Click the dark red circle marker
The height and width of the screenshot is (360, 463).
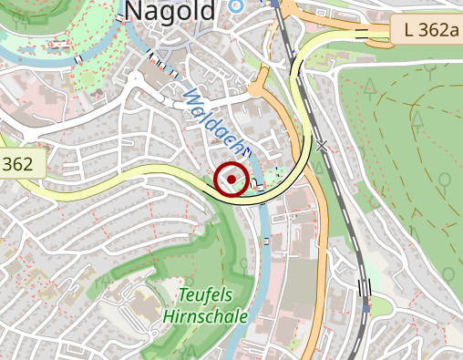pos(232,179)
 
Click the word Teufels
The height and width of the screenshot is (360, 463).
pos(206,295)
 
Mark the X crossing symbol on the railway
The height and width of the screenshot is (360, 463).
pos(321,146)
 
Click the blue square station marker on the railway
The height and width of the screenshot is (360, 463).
pos(365,308)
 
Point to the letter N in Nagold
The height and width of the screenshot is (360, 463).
pos(132,11)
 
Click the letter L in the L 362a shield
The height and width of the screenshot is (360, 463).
pos(407,30)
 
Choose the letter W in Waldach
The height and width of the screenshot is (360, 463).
pos(190,94)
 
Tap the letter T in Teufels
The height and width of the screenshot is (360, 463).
pos(183,295)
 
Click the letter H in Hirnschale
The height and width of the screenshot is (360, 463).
pos(170,315)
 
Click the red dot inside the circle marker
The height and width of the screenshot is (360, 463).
pos(232,179)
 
